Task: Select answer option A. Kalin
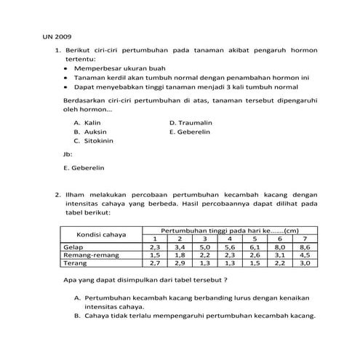pyautogui.click(x=87, y=123)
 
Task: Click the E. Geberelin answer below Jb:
pyautogui.click(x=84, y=167)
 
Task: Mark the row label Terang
pyautogui.click(x=75, y=263)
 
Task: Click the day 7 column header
pyautogui.click(x=304, y=239)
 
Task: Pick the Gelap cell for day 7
pyautogui.click(x=304, y=247)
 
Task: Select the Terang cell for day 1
pyautogui.click(x=155, y=263)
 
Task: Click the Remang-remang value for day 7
pyautogui.click(x=304, y=255)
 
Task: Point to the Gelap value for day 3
pyautogui.click(x=204, y=247)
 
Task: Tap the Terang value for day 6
pyautogui.click(x=279, y=263)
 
